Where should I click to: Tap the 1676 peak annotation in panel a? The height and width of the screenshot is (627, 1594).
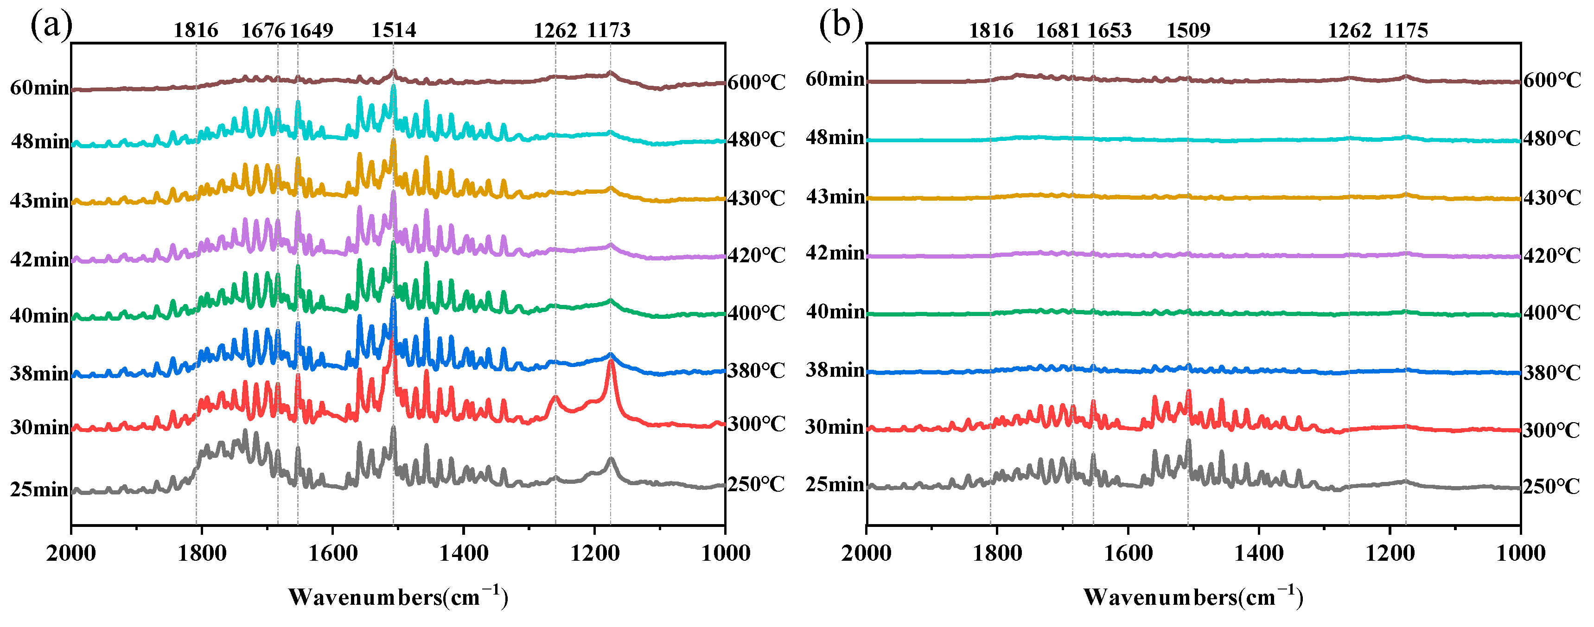[x=263, y=30]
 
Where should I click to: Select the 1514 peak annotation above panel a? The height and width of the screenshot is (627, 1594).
[x=394, y=30]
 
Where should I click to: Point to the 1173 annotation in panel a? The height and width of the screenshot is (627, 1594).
[x=608, y=30]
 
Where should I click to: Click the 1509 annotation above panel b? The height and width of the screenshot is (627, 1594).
[x=1188, y=30]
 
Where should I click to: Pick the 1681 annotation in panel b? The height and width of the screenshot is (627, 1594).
[x=1058, y=30]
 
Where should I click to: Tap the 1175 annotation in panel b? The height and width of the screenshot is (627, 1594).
[x=1405, y=30]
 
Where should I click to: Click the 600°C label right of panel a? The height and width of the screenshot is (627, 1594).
[x=756, y=82]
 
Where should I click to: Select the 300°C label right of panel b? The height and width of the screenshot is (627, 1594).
[x=1551, y=430]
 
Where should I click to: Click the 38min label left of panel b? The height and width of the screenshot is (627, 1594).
[x=835, y=370]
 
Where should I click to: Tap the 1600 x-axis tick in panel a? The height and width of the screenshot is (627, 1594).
[x=333, y=552]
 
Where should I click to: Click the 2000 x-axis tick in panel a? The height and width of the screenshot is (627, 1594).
[x=71, y=552]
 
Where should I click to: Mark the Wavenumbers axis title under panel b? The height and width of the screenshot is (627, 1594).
[x=1192, y=597]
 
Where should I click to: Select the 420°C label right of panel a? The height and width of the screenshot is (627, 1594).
[x=756, y=255]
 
